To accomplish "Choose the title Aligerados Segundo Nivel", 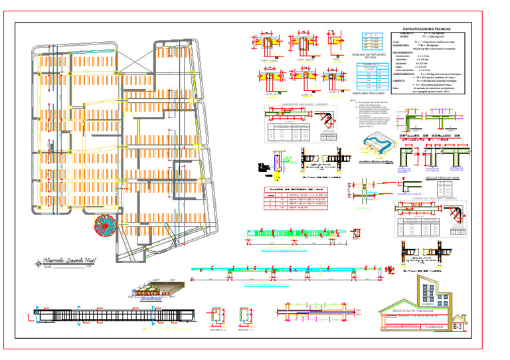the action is (x=65, y=262).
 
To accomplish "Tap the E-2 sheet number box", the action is (x=458, y=326).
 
